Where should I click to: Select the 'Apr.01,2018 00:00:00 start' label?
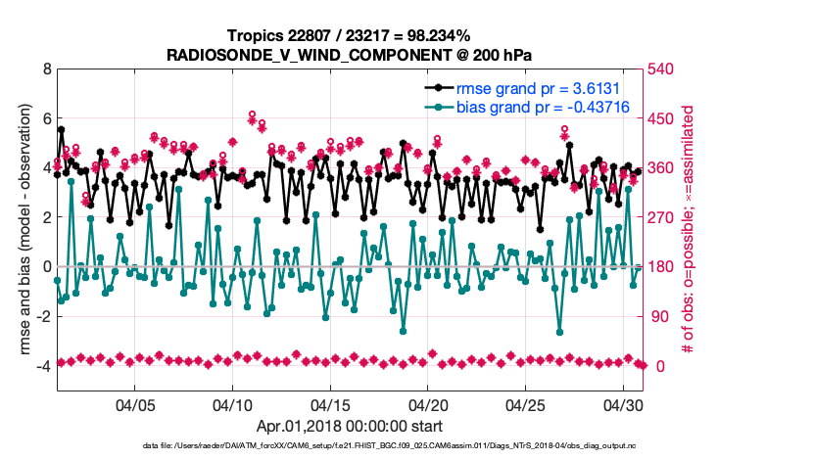(349, 426)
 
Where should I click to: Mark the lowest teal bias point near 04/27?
(560, 331)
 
